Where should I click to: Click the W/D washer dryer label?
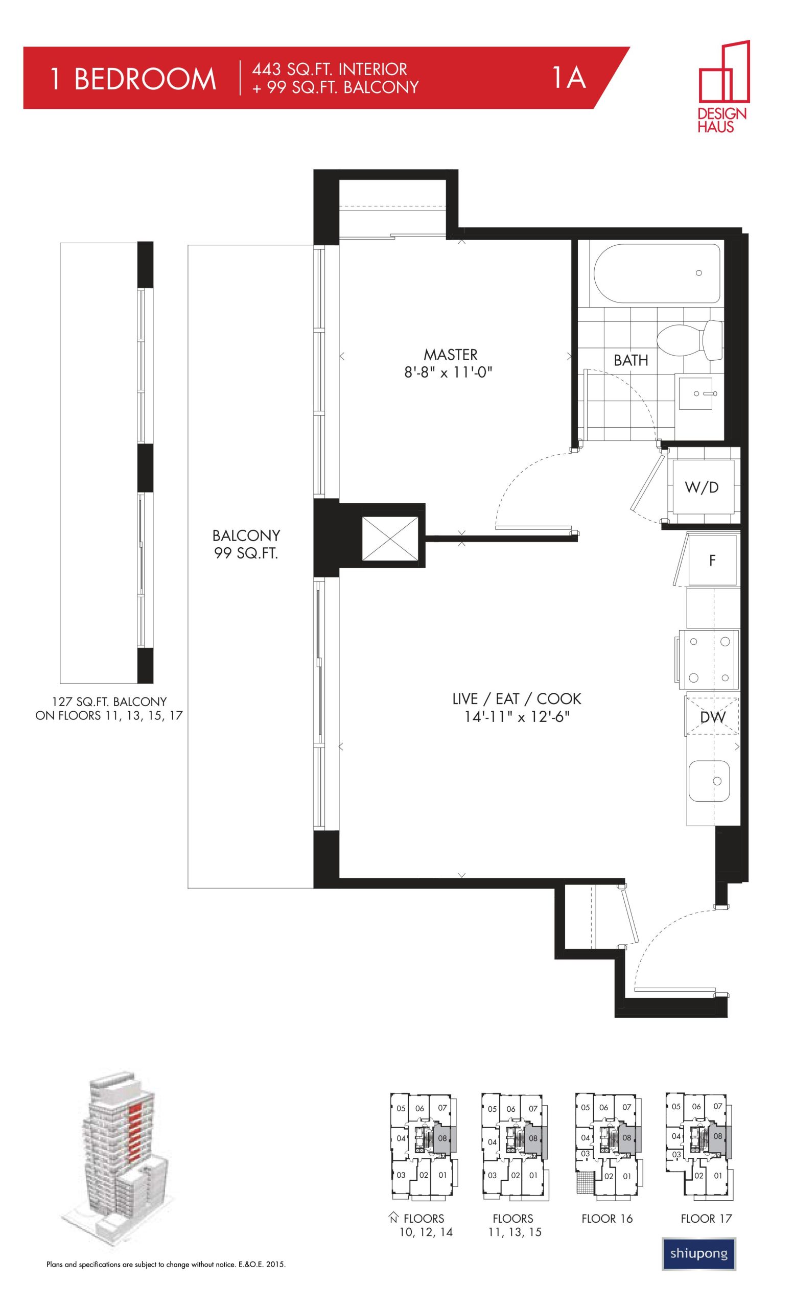point(702,487)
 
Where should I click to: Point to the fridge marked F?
point(712,560)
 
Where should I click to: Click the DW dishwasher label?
point(712,717)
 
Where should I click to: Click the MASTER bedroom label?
point(450,354)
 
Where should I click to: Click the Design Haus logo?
point(723,86)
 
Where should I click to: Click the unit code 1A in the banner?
point(569,77)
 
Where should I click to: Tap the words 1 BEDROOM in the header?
point(133,79)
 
